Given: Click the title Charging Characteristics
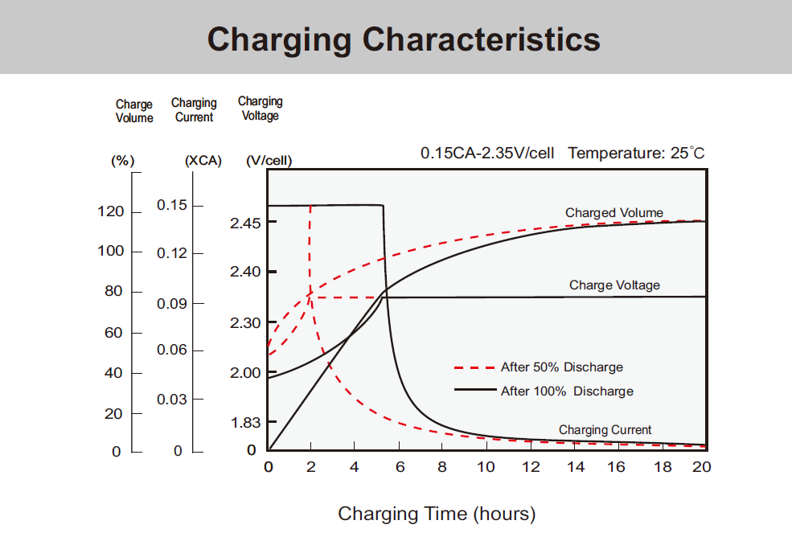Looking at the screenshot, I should [x=404, y=39].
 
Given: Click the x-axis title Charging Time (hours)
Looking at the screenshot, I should [x=437, y=514].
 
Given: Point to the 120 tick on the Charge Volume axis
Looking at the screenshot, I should [x=111, y=211].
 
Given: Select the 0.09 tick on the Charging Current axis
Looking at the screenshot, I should [x=172, y=304].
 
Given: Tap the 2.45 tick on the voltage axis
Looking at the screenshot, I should [x=245, y=223].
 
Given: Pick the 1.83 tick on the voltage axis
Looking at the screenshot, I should [x=245, y=422].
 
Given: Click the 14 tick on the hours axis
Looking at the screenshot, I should [x=576, y=467].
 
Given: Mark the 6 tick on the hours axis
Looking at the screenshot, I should [x=400, y=467].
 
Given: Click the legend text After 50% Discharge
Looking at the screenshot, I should [x=561, y=367].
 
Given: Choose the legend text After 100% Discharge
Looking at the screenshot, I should [x=567, y=391].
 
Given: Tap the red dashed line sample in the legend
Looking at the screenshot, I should [x=474, y=367].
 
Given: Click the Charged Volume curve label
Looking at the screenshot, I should [x=614, y=213].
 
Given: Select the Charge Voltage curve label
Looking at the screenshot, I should [x=614, y=285].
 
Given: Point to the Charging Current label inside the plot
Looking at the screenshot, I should [x=605, y=430].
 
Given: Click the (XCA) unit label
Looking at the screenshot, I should [x=203, y=160].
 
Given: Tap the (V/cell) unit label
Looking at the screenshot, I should [x=269, y=161].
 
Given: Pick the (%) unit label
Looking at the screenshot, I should [x=122, y=160].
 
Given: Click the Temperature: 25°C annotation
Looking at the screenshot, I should [x=636, y=153].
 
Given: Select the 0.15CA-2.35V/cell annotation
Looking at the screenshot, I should [x=487, y=153].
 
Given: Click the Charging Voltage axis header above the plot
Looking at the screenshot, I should [x=260, y=109].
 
